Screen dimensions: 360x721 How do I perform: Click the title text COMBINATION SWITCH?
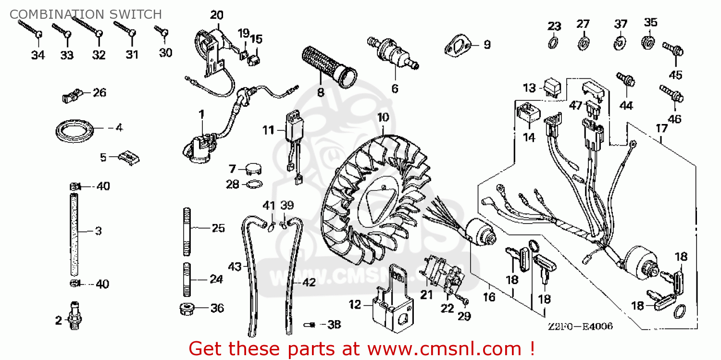86,14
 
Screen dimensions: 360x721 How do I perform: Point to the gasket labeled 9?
457,47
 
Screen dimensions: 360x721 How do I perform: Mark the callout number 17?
661,128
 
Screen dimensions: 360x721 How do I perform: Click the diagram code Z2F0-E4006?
580,327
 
